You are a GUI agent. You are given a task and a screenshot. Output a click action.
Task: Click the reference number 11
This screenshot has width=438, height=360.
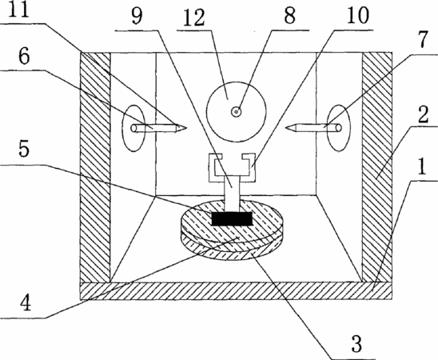[x=18, y=10]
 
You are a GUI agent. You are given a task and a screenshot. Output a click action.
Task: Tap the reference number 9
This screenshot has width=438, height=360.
[x=137, y=16]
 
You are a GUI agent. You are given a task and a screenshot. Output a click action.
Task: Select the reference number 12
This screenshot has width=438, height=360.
[x=194, y=18]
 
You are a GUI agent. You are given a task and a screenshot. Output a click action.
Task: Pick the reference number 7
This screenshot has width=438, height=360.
[x=423, y=40]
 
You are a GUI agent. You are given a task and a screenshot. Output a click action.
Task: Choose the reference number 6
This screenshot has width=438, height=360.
[x=24, y=57]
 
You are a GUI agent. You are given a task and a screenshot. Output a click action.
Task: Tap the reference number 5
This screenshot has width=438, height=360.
[x=24, y=149]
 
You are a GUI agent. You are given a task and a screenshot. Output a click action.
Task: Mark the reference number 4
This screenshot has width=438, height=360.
[x=26, y=303]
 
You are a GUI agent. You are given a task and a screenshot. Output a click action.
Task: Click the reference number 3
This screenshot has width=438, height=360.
[x=356, y=344]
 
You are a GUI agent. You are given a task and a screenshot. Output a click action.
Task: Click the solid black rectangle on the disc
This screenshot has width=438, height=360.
[x=232, y=218]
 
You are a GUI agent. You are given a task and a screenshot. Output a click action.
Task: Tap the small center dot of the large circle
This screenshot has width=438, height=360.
[x=237, y=112]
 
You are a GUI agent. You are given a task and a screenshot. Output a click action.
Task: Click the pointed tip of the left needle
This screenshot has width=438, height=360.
[x=186, y=128]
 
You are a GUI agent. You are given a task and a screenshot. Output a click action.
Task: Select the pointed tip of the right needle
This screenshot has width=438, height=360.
[x=286, y=128]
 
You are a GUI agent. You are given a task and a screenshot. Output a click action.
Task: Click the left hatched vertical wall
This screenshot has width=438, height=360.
[x=95, y=167]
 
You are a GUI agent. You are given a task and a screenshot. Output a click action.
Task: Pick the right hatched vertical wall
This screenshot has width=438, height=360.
[x=376, y=167]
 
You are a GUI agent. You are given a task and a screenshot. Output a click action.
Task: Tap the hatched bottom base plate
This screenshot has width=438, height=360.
[x=236, y=291]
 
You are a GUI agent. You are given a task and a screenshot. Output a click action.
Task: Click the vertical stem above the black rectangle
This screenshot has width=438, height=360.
[x=232, y=193]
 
